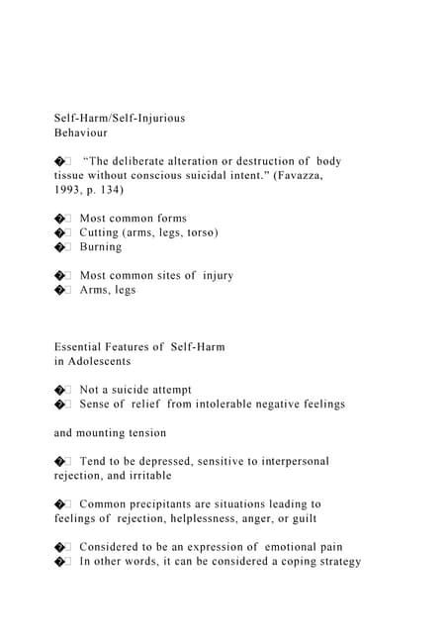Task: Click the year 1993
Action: (x=68, y=189)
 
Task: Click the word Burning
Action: (x=101, y=246)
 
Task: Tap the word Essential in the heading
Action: (x=81, y=347)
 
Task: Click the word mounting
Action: (x=107, y=432)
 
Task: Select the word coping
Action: (x=293, y=561)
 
